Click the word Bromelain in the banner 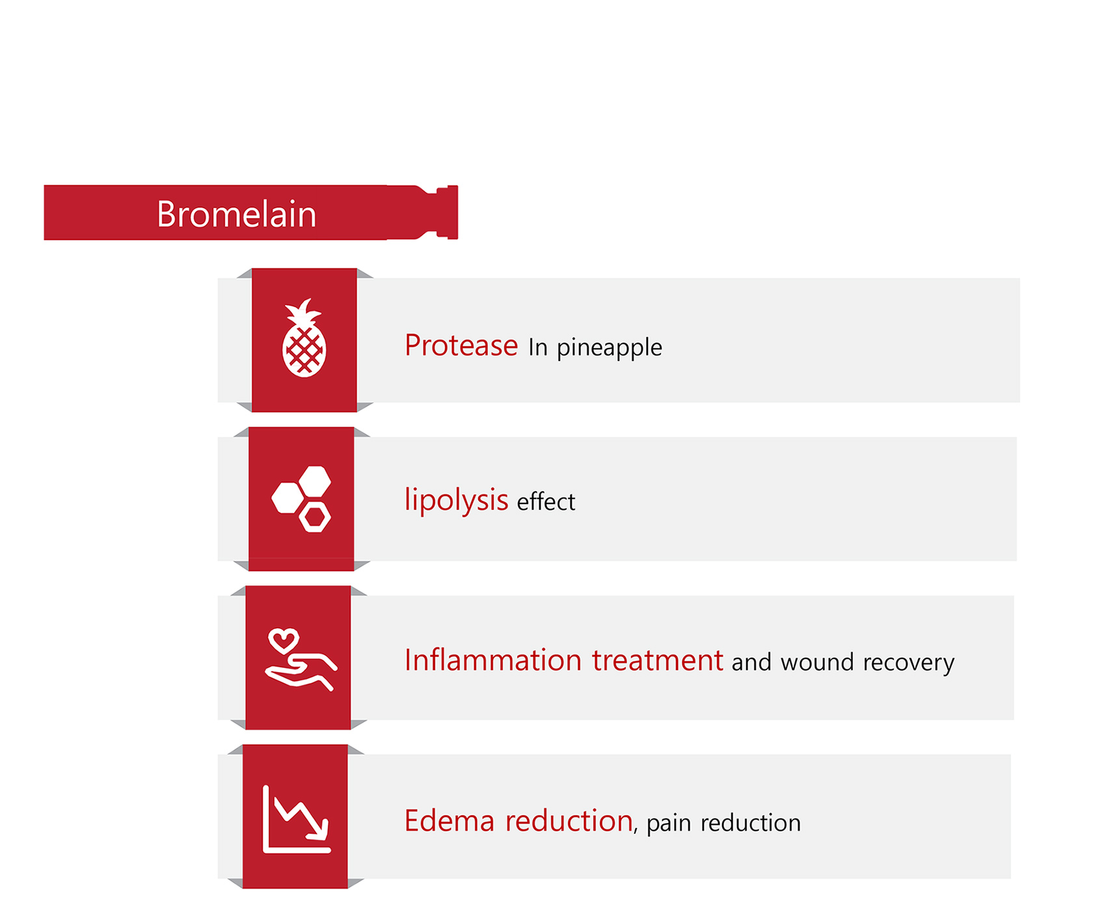[x=236, y=214]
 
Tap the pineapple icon [x=304, y=338]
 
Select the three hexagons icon [x=301, y=499]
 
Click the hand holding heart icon [x=301, y=659]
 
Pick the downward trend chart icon [x=297, y=818]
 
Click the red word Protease [x=461, y=345]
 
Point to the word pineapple [x=609, y=349]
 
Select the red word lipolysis [x=456, y=500]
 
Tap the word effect [x=546, y=502]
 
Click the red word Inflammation [x=492, y=660]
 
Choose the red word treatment [x=657, y=660]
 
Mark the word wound [x=817, y=662]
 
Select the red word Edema [x=450, y=821]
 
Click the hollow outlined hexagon [x=315, y=517]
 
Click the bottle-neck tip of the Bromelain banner [x=448, y=213]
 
